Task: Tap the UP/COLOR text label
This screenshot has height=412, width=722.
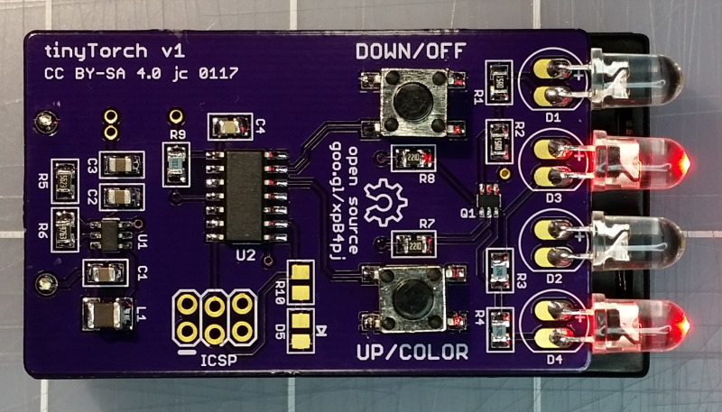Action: (x=412, y=352)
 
